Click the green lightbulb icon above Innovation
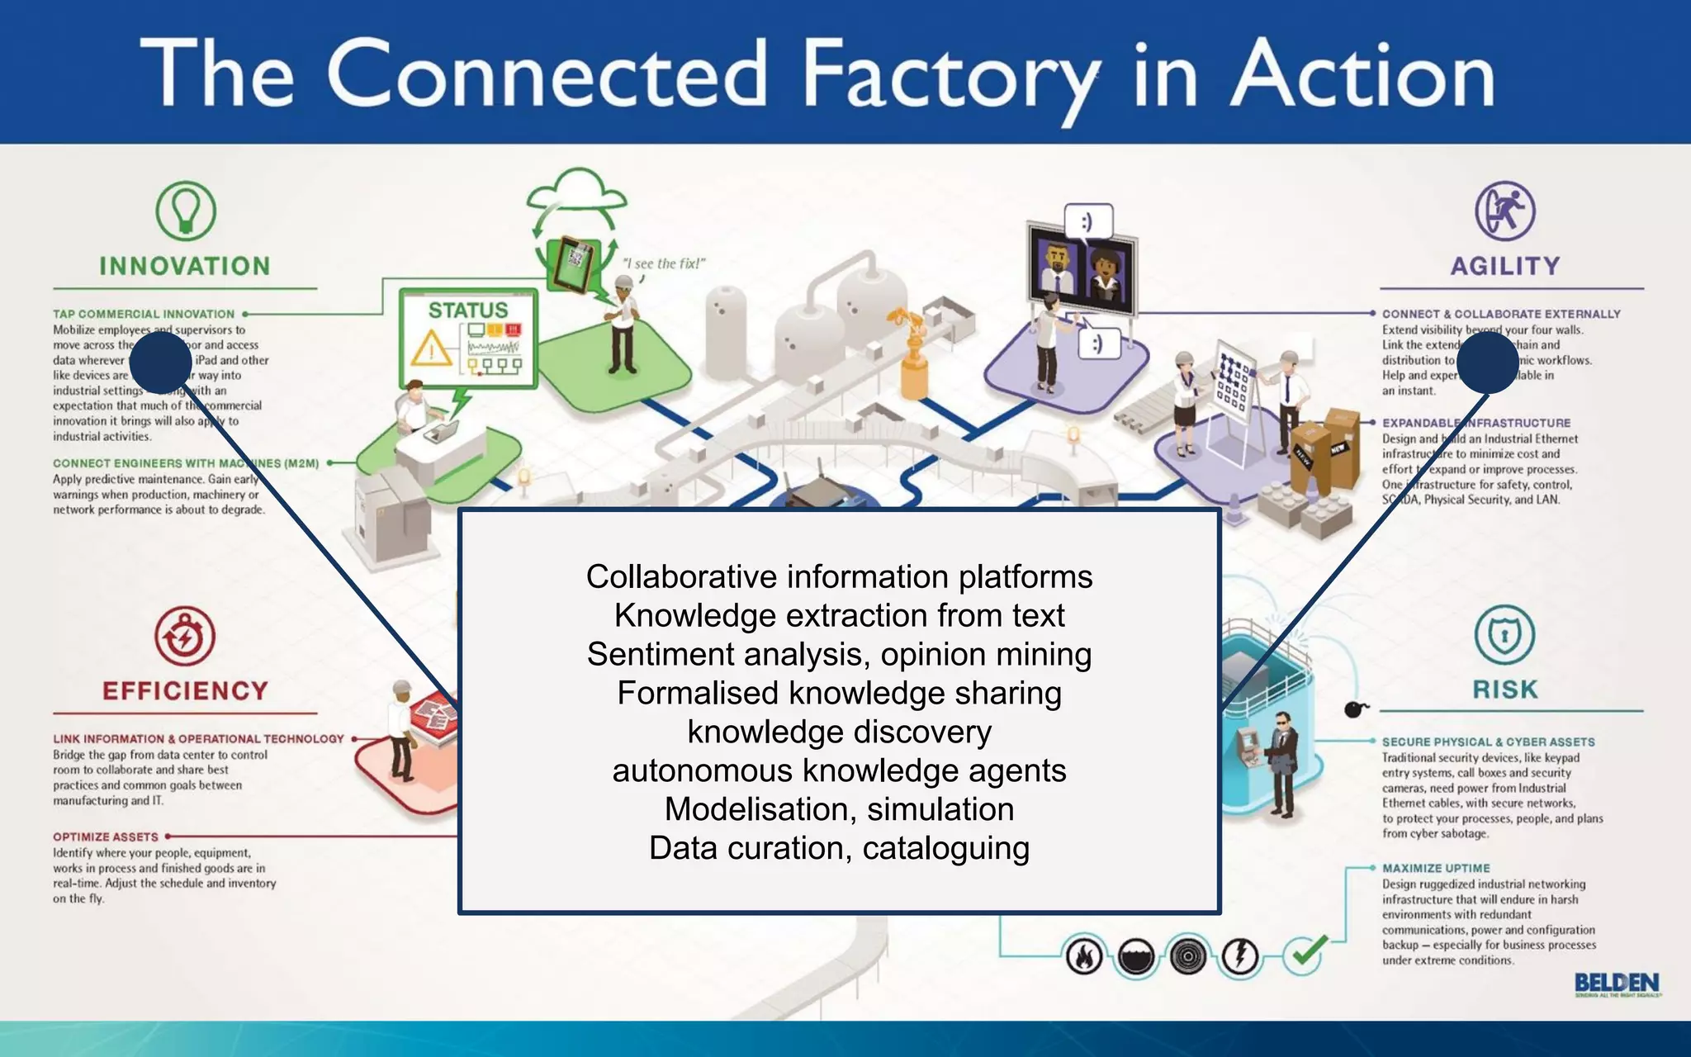click(186, 211)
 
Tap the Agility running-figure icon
click(1504, 211)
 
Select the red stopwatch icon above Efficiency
click(185, 636)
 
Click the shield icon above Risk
click(1504, 635)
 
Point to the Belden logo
click(1616, 984)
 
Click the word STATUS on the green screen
click(468, 310)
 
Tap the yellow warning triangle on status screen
click(431, 349)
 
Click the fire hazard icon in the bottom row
click(1084, 957)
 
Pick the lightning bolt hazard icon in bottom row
click(1239, 957)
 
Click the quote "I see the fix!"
click(665, 263)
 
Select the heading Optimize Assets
click(105, 837)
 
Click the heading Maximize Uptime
click(1436, 868)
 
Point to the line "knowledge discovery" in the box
click(839, 732)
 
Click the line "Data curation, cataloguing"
click(839, 848)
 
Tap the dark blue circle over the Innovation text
click(161, 362)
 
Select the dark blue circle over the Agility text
click(1488, 362)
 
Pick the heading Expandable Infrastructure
click(1476, 423)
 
